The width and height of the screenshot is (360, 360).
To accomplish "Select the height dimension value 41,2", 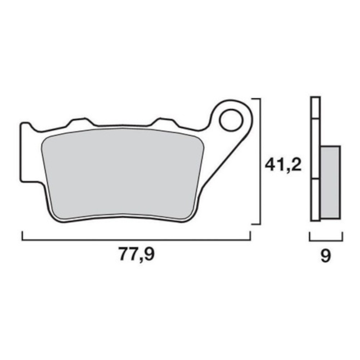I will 283,164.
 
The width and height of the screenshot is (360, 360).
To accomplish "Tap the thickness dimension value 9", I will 325,256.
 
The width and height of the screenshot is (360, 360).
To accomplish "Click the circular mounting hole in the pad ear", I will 229,119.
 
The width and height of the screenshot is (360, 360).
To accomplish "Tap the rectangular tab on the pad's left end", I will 27,152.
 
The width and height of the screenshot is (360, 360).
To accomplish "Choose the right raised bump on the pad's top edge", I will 164,121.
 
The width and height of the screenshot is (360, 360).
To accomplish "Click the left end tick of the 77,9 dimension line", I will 22,236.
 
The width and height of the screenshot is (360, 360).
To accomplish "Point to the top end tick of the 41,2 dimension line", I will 256,98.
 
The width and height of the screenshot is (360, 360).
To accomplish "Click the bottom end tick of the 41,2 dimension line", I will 256,224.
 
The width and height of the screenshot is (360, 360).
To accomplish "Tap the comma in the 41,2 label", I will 290,171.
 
